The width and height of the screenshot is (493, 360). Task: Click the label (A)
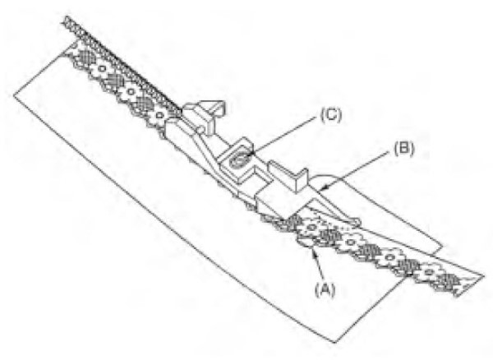pos(325,289)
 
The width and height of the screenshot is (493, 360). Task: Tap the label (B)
pos(404,149)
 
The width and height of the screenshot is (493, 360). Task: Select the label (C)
pos(331,115)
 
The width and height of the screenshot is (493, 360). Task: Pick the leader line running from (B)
pos(355,171)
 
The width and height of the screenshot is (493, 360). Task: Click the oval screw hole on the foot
pos(240,160)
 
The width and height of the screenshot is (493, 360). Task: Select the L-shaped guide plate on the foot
pos(288,175)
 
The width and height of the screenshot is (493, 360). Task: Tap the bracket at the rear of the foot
pos(205,115)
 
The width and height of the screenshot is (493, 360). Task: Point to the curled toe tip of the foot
pos(354,223)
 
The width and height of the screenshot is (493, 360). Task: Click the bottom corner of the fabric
pos(335,342)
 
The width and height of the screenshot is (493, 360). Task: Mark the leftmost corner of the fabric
pos(14,95)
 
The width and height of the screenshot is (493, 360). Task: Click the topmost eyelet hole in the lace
pos(102,68)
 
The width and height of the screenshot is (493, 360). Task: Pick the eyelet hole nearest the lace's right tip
pos(428,272)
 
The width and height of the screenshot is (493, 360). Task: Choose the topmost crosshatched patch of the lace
pos(85,58)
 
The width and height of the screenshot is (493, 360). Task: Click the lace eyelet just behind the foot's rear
pos(159,115)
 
